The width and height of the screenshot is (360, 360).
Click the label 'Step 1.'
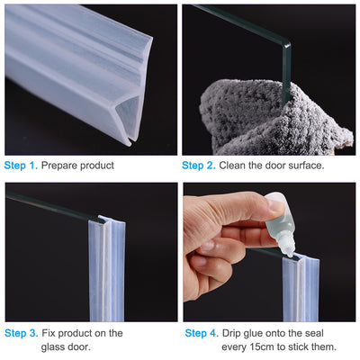(22, 166)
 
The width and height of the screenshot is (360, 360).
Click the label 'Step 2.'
(200, 166)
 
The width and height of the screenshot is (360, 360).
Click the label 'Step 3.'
(22, 333)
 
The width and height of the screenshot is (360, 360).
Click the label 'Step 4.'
(201, 333)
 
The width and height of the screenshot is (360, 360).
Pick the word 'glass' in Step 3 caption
(56, 346)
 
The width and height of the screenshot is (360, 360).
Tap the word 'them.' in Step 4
(321, 346)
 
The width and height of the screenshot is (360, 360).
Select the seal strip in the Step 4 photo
(300, 288)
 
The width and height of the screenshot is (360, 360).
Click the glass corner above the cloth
(285, 40)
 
